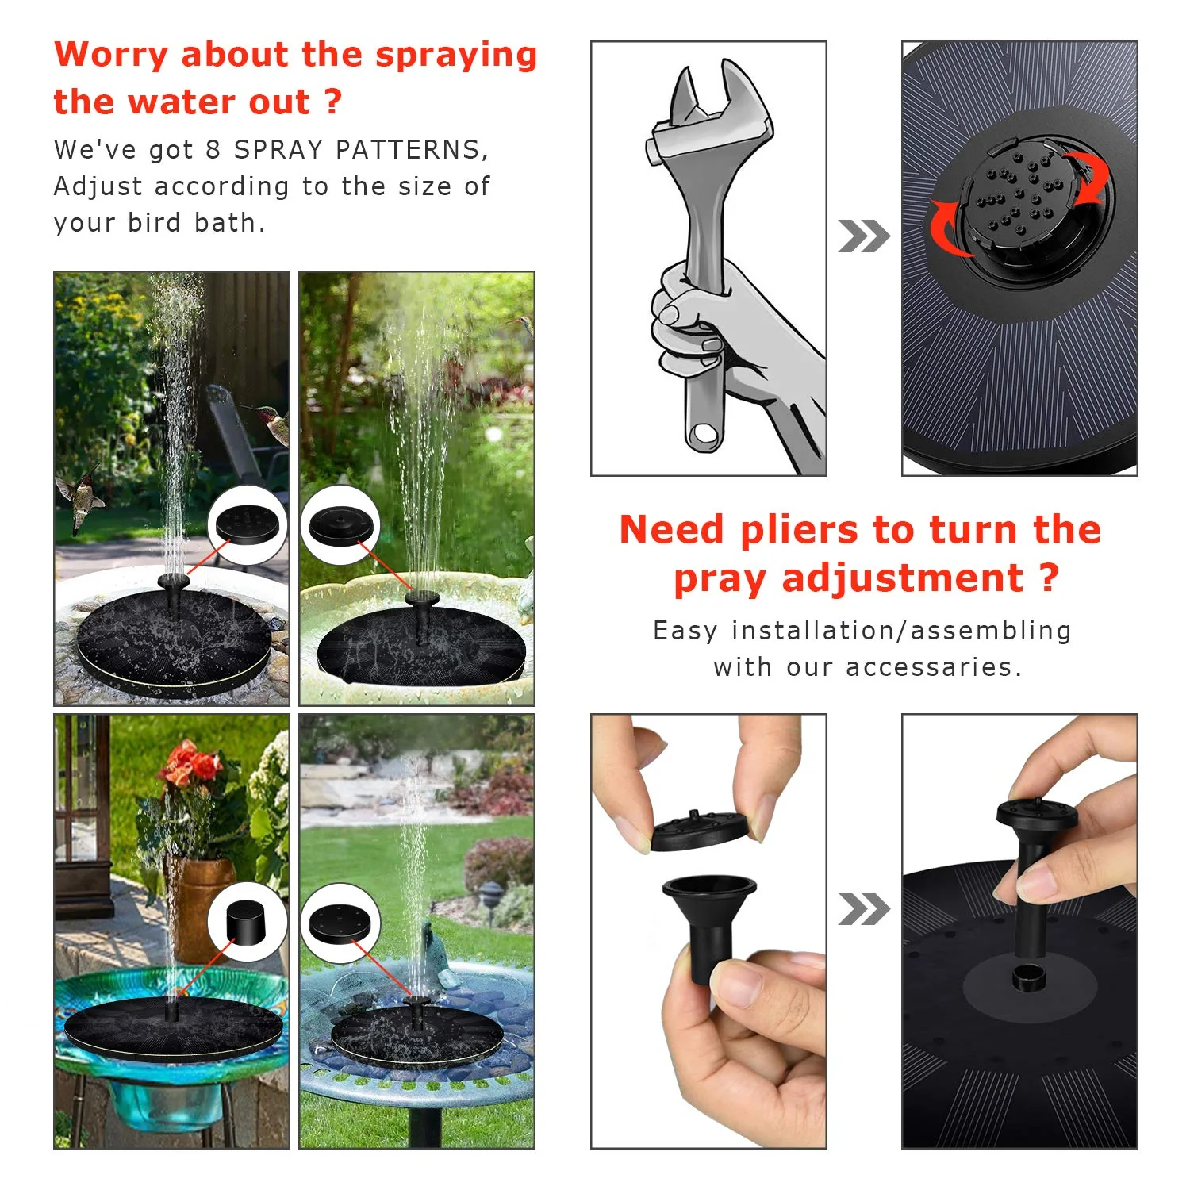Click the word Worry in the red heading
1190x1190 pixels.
coord(110,55)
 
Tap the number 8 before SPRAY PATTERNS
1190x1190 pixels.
coord(213,150)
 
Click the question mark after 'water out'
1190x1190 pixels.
coord(334,102)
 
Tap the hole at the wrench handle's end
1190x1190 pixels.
coord(703,434)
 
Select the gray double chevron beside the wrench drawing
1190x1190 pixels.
coord(863,236)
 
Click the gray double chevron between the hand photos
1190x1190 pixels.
coord(863,909)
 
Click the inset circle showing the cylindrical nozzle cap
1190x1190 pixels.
coord(247,922)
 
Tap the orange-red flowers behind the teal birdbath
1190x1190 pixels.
coord(190,766)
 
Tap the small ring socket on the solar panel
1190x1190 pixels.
coord(1030,978)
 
